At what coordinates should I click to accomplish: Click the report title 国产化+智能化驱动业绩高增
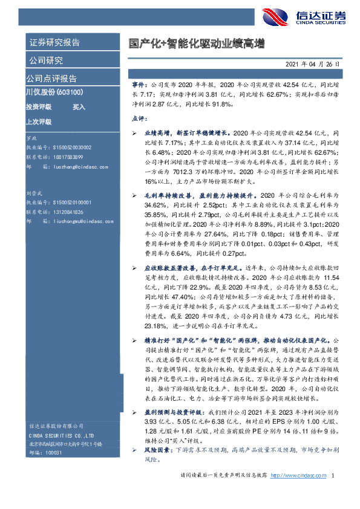point(196,44)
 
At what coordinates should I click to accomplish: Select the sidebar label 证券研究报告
point(54,42)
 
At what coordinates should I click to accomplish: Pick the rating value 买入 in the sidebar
point(79,106)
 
